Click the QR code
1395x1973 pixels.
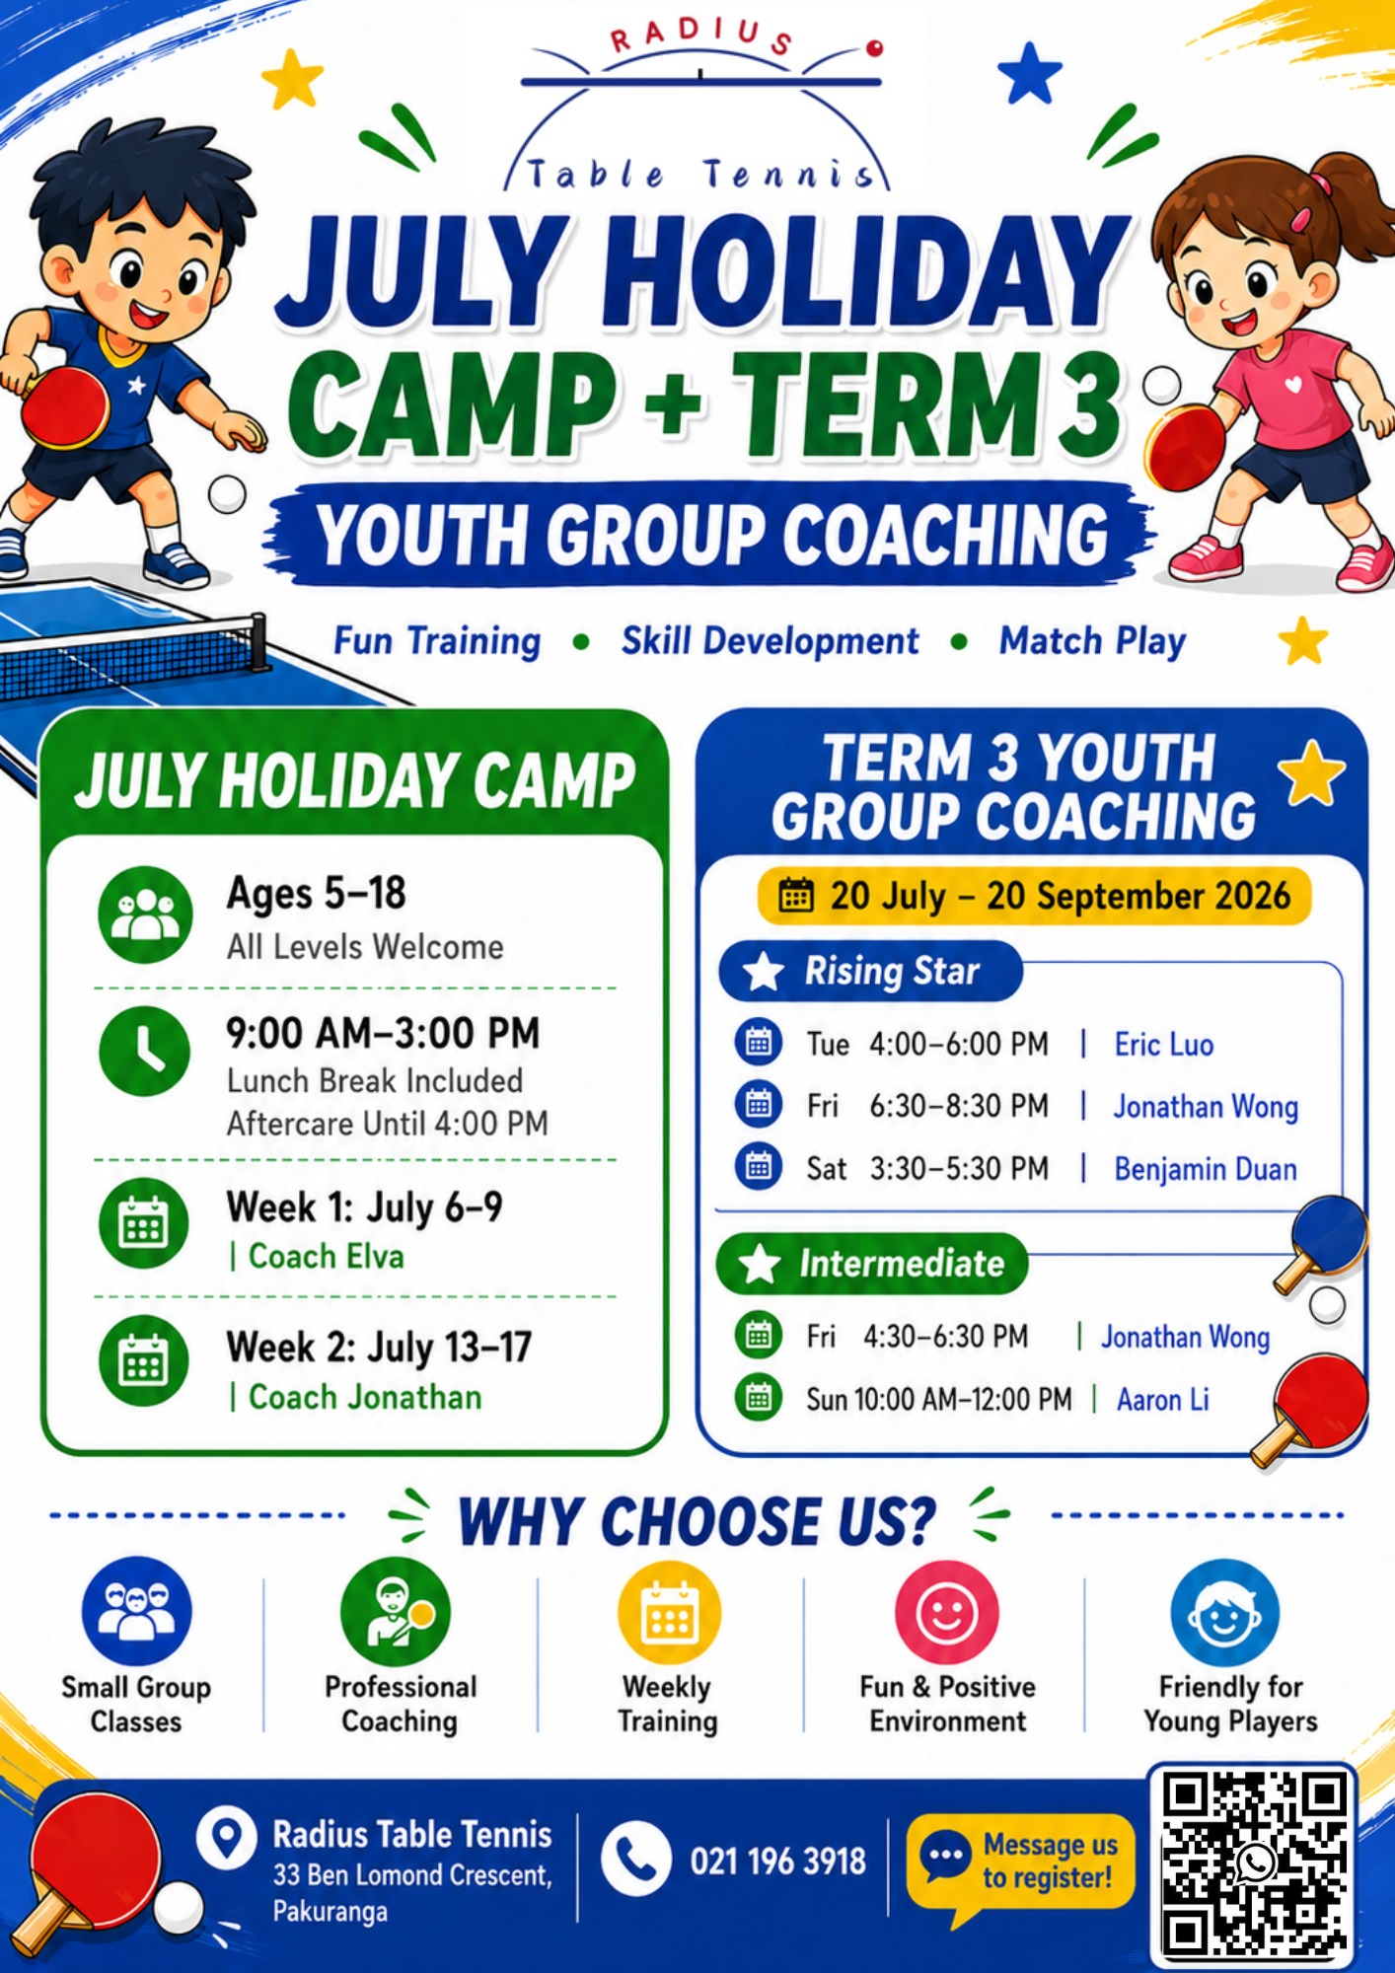1253,1864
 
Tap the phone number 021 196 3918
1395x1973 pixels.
778,1862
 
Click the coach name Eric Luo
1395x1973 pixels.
1164,1045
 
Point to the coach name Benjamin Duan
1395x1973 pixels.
1206,1169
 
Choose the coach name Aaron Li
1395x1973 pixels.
1163,1400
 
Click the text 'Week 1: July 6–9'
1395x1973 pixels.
364,1206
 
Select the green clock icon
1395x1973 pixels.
145,1052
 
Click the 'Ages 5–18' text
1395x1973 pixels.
317,893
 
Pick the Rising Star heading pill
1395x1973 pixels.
871,972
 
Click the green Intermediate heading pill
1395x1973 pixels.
872,1264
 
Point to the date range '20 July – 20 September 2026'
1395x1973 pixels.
1060,896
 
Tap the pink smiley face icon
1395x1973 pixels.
946,1613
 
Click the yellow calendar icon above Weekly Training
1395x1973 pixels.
669,1613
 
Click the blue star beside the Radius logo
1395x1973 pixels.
1029,74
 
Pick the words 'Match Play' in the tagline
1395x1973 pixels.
1092,641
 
